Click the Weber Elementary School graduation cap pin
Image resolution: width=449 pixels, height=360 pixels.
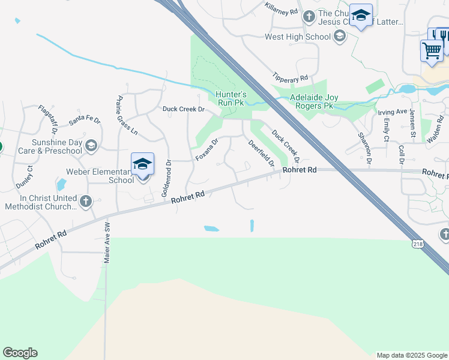(142, 164)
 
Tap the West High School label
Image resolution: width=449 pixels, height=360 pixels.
(298, 37)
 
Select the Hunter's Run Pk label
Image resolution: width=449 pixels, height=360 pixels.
(231, 98)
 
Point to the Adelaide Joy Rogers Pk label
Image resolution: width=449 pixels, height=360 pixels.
(311, 101)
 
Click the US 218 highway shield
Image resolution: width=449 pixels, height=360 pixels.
(418, 244)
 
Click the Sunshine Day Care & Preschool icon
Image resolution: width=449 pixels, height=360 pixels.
(91, 146)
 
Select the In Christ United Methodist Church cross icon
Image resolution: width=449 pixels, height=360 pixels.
(85, 202)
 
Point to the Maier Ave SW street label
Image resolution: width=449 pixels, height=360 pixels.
(107, 244)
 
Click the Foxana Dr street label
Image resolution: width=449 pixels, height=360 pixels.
(206, 149)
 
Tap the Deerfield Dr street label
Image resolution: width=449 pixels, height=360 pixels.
(261, 152)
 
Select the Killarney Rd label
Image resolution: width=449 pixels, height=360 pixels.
(281, 8)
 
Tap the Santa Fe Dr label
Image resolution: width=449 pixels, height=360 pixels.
(84, 120)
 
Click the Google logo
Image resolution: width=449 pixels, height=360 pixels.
(20, 353)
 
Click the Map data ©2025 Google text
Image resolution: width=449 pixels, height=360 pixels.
(411, 355)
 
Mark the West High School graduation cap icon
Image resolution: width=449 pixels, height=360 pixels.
(339, 37)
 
